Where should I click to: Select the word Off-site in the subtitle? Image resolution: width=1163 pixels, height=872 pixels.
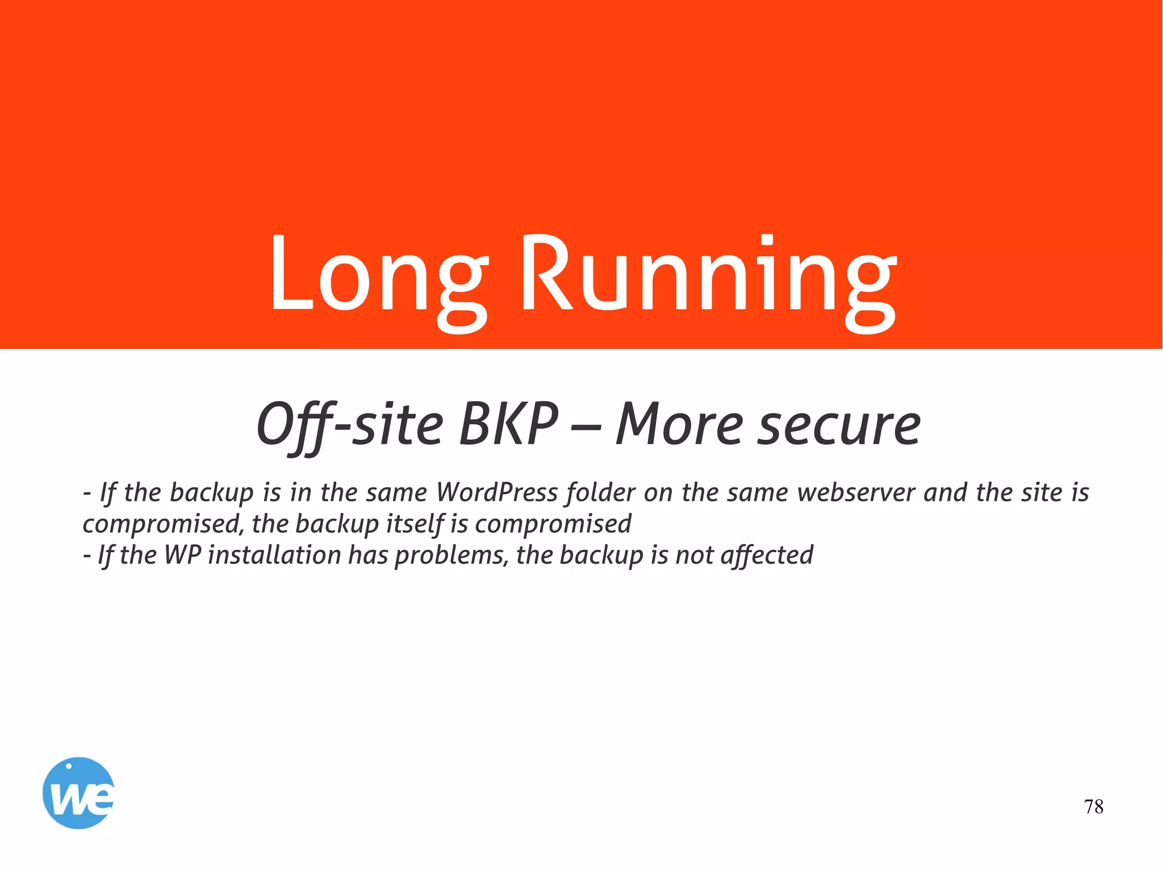point(349,425)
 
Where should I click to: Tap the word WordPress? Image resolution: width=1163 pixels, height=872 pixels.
point(497,492)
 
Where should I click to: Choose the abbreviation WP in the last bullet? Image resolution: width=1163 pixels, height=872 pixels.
point(182,555)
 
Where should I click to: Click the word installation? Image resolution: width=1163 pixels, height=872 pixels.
point(274,555)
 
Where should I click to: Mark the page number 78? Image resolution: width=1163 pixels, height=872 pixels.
point(1093,807)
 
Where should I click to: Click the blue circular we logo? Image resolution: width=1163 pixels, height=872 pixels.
point(78,793)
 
